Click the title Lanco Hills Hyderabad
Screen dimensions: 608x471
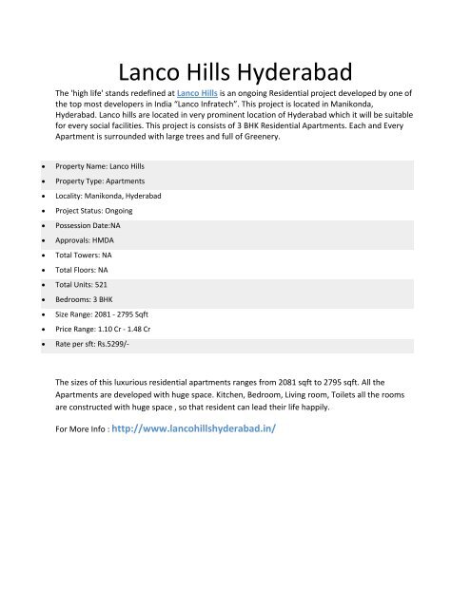click(x=234, y=71)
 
